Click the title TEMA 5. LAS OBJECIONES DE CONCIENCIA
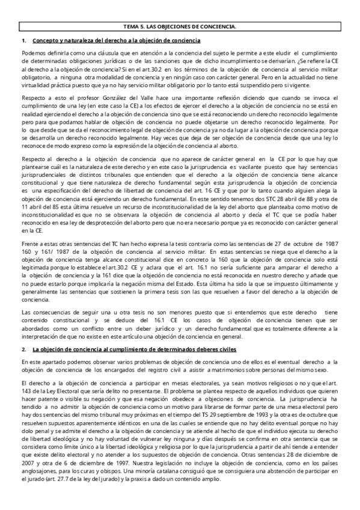click(x=180, y=27)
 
